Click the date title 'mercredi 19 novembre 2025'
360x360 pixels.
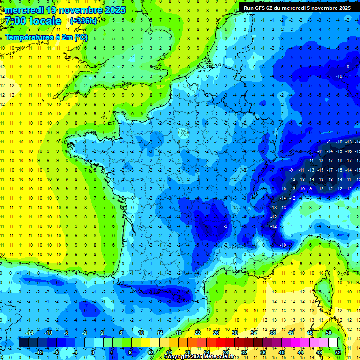(66, 10)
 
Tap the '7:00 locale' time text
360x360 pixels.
(32, 21)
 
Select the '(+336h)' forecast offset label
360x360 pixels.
(83, 21)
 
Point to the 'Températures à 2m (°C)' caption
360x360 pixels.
(46, 37)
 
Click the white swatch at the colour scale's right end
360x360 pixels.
(333, 343)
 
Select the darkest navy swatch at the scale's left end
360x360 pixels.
(23, 343)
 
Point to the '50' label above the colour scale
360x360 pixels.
(328, 333)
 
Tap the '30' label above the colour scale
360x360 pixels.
(234, 333)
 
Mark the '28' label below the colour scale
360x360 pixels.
(225, 352)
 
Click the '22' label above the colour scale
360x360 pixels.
(197, 333)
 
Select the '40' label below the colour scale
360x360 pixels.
(281, 352)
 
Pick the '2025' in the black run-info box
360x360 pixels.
(341, 7)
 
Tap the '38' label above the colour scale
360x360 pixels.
(272, 333)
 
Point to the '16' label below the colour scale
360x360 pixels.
(169, 352)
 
